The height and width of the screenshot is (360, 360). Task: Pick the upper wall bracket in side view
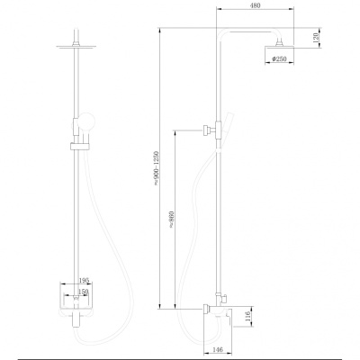211,129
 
